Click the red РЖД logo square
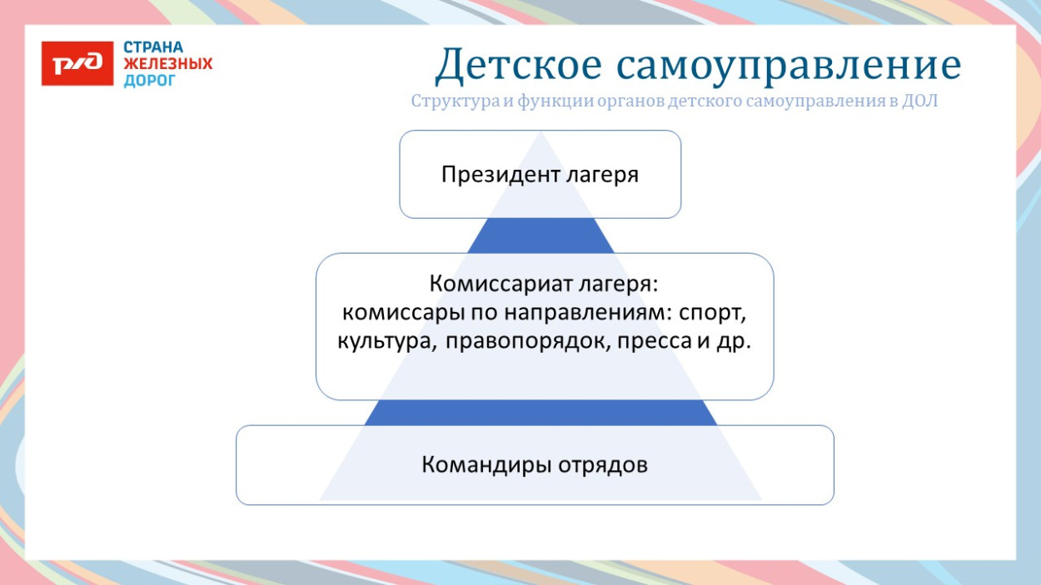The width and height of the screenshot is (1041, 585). point(77,63)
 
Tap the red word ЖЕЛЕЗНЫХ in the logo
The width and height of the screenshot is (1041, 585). point(167,64)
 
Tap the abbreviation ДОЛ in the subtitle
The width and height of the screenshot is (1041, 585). point(920,102)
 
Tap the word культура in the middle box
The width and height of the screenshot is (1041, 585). point(383,343)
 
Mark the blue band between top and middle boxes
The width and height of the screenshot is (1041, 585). point(540,235)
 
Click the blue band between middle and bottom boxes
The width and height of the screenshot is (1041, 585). point(540,413)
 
